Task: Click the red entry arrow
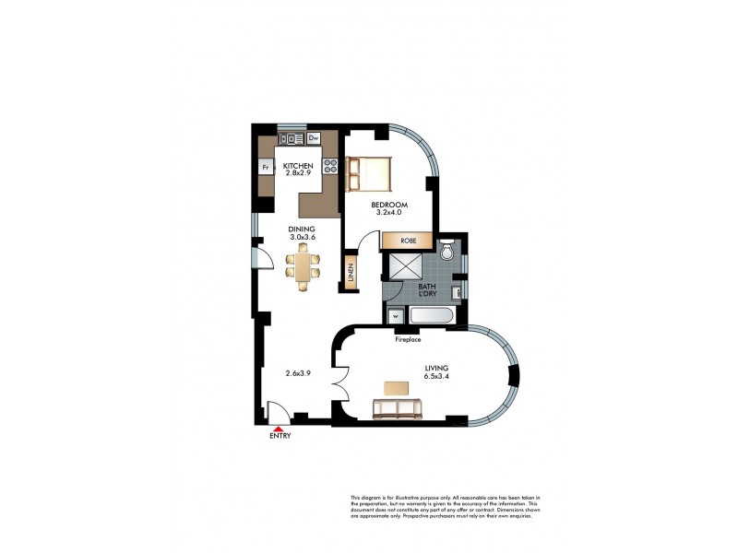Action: [x=274, y=427]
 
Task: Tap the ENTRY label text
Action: [x=280, y=436]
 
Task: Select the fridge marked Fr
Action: [x=265, y=168]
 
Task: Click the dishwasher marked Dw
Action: [x=313, y=138]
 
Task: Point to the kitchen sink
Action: [x=291, y=138]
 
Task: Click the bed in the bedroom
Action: [x=368, y=173]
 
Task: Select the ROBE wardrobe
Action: [x=410, y=241]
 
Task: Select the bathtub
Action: [x=430, y=317]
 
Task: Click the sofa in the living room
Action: [x=397, y=408]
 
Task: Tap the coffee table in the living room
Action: [x=398, y=387]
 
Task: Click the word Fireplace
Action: [x=408, y=339]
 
